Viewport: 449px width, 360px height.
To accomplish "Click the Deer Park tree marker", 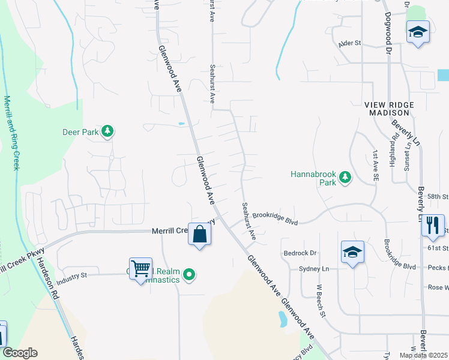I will click(107, 131).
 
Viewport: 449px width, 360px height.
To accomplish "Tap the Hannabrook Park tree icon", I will click(345, 177).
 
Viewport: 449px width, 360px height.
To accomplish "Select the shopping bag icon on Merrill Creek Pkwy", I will click(200, 234).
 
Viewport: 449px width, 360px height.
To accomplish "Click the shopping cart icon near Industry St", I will click(140, 269).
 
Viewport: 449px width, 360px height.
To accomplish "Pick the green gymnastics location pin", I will click(190, 275).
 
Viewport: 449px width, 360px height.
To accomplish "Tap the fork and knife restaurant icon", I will click(431, 225).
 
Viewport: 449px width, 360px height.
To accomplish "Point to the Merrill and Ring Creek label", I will click(11, 133).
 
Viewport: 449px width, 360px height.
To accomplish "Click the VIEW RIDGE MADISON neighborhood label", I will click(389, 109).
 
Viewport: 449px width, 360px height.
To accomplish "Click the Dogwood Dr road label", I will click(388, 34).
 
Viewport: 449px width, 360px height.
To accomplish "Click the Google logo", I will click(20, 353).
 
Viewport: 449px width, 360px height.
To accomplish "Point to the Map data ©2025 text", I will click(423, 355).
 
